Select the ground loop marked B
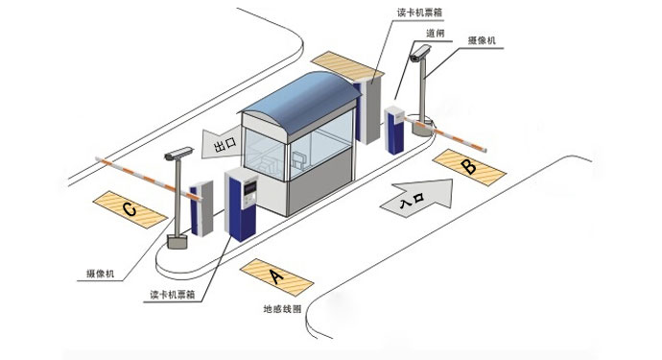click(x=467, y=166)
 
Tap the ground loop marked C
click(x=130, y=208)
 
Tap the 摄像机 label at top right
click(x=483, y=39)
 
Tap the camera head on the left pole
click(x=177, y=153)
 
